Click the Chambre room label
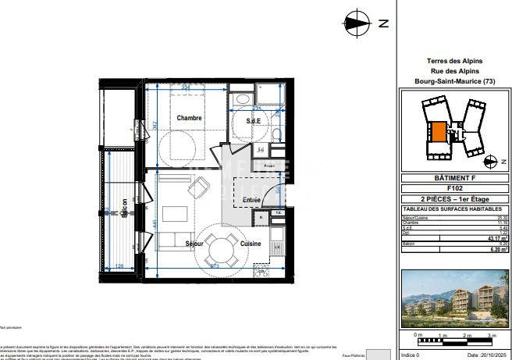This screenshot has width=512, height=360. tap(189, 118)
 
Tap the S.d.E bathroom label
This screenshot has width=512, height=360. tap(254, 121)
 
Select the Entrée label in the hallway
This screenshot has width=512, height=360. tap(251, 200)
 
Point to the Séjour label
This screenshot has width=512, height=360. tap(194, 244)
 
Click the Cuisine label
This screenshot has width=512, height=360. tap(251, 244)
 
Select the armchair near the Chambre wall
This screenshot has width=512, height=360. tap(201, 186)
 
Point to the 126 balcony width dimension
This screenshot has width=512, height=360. tap(120, 266)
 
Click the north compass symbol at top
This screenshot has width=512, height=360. tap(358, 23)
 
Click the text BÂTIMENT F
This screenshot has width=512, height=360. tap(454, 178)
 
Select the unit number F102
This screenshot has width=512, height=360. tap(454, 188)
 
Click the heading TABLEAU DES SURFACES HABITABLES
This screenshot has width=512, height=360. tap(454, 209)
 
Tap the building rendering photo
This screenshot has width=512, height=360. tap(454, 298)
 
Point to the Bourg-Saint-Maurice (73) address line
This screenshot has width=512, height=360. tap(454, 81)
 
